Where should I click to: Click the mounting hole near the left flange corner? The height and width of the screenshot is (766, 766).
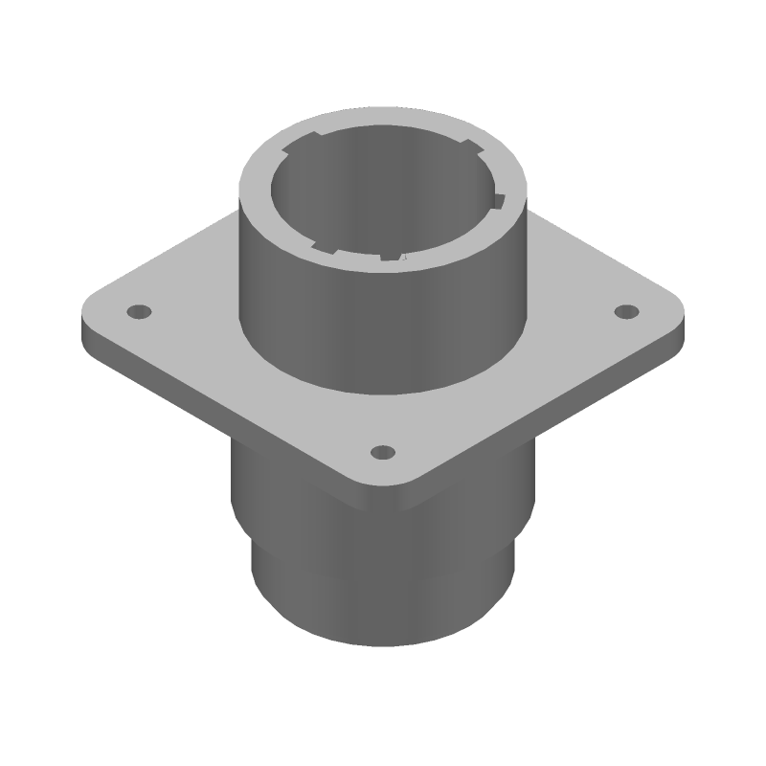(140, 312)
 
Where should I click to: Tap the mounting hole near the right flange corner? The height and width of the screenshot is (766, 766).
(625, 311)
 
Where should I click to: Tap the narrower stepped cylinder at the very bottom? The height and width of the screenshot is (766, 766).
(383, 603)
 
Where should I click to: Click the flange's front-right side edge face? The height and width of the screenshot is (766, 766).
(555, 407)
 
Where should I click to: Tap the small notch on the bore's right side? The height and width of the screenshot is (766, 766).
(497, 200)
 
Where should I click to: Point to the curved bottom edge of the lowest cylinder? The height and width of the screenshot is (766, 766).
(383, 644)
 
